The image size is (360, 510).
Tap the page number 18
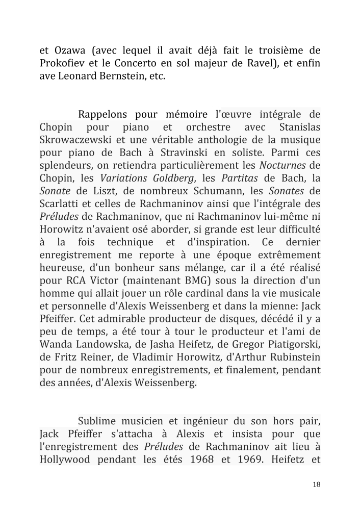coord(316,484)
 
